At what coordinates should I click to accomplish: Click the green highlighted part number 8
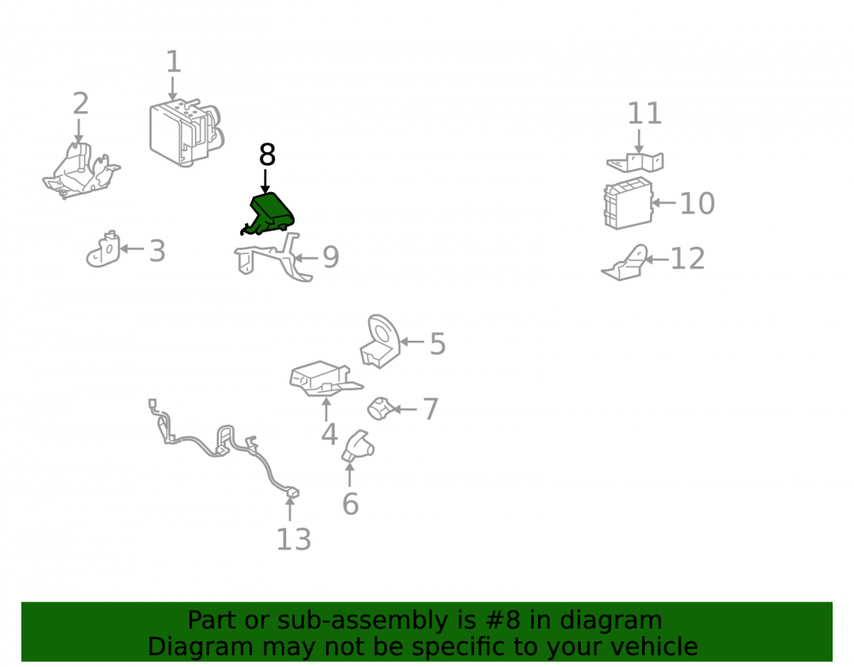point(268,214)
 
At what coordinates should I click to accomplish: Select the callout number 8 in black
point(266,155)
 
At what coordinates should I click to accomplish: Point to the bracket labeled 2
point(81,171)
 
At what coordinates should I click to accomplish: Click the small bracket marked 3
point(103,249)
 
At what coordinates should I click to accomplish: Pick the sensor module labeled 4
point(325,378)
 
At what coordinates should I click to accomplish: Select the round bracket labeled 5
point(380,342)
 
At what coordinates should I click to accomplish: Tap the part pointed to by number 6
point(357,447)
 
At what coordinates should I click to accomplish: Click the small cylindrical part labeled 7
point(380,408)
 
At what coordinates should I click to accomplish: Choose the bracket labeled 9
point(273,258)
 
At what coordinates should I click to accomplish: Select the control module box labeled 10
point(628,202)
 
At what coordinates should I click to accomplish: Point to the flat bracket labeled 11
point(635,162)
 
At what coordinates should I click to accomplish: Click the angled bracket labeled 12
point(625,264)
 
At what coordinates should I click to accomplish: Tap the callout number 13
point(294,540)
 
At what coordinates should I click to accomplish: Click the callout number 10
point(697,203)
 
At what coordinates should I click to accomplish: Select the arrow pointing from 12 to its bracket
point(657,260)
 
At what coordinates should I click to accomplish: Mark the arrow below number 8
point(266,181)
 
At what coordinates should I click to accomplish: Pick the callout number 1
point(173,61)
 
